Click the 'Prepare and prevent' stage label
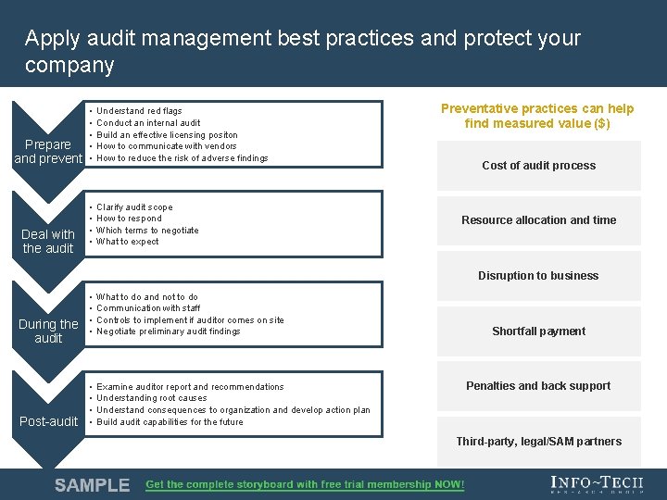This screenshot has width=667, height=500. click(48, 151)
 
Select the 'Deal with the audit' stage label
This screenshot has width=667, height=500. click(48, 241)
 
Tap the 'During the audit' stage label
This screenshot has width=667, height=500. click(48, 331)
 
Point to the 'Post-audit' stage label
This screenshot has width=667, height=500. click(49, 421)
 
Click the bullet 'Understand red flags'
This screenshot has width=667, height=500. click(139, 111)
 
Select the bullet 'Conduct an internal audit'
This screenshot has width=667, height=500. click(148, 123)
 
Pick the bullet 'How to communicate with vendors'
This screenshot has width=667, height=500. click(167, 146)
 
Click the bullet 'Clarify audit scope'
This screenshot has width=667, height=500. click(134, 207)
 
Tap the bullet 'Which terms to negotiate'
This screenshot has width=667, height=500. click(147, 231)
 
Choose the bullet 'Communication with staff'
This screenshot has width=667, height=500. click(148, 308)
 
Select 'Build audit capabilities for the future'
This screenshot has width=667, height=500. click(170, 422)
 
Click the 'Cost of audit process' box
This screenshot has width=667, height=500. click(538, 166)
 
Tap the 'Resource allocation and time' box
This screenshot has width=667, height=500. click(538, 220)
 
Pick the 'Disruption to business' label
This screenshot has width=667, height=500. click(538, 276)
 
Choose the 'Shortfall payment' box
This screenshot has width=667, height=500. click(538, 331)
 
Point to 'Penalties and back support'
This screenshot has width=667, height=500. click(538, 386)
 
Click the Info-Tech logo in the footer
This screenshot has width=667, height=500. click(596, 484)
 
